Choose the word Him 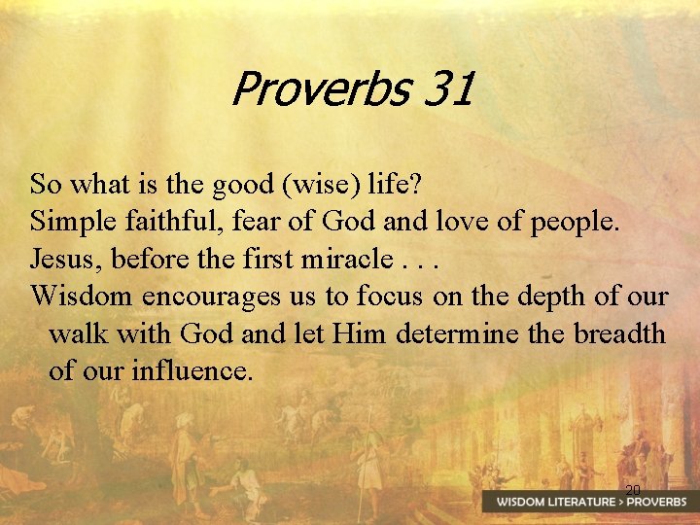(358, 333)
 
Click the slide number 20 (633, 489)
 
